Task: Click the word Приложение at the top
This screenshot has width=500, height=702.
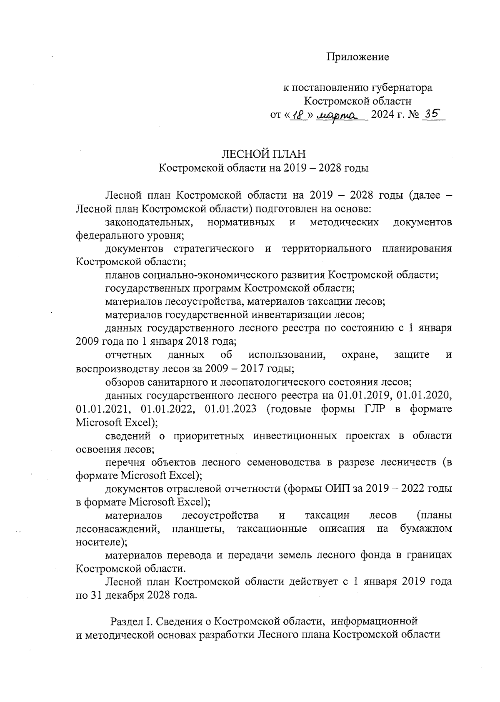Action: (x=357, y=57)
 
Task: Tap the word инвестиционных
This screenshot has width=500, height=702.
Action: (x=295, y=436)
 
